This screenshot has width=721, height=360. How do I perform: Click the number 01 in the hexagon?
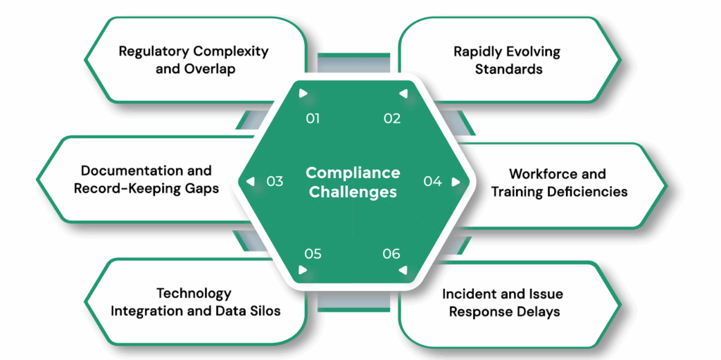tap(313, 118)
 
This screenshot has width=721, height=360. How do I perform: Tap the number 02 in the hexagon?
tap(392, 118)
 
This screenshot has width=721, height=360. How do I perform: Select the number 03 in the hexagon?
tap(275, 181)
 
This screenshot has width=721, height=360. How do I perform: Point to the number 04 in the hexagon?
tap(432, 181)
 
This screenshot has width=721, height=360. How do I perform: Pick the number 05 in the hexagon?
tap(313, 254)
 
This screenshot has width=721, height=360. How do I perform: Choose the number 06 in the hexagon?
tap(391, 254)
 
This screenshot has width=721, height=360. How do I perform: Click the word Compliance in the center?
tap(353, 173)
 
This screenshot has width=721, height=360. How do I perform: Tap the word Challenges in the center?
tap(353, 192)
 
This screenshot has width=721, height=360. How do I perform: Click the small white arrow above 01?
tap(303, 93)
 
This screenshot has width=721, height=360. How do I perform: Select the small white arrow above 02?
tap(402, 93)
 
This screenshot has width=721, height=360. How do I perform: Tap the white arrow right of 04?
tap(456, 181)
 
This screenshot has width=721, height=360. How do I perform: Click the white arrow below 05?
tap(303, 270)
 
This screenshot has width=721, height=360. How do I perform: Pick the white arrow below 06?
tap(402, 270)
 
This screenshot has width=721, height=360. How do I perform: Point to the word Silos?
tap(263, 311)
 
